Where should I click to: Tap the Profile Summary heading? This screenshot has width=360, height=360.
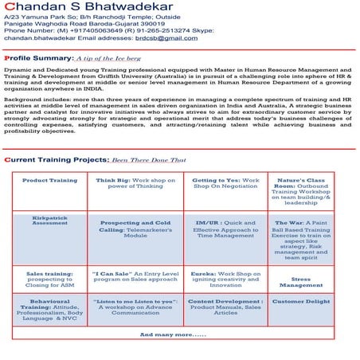(37, 58)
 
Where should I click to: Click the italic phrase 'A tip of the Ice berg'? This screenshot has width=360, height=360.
(107, 59)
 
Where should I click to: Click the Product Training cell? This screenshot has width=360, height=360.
(49, 181)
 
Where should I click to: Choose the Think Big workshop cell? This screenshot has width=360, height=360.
(135, 184)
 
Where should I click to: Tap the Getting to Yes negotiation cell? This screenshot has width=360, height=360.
(225, 184)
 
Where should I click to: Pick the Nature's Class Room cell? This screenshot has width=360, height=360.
(300, 191)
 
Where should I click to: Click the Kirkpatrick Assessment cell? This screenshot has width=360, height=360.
(49, 219)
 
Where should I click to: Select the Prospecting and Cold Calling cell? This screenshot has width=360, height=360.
(135, 229)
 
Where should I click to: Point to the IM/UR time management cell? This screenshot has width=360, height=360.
(225, 229)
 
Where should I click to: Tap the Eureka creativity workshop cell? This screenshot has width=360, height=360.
(225, 279)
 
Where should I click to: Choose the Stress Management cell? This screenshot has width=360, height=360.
(300, 282)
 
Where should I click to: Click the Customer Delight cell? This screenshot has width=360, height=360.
(300, 302)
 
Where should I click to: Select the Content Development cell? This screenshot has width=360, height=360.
(225, 307)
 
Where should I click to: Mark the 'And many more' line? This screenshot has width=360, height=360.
(172, 335)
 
